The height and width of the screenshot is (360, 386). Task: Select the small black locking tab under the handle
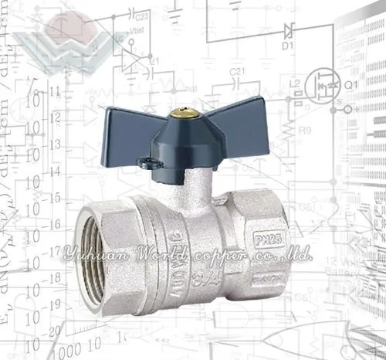(x=146, y=163)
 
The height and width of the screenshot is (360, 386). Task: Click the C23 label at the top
(x=141, y=15)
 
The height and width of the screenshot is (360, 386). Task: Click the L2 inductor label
(x=294, y=83)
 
